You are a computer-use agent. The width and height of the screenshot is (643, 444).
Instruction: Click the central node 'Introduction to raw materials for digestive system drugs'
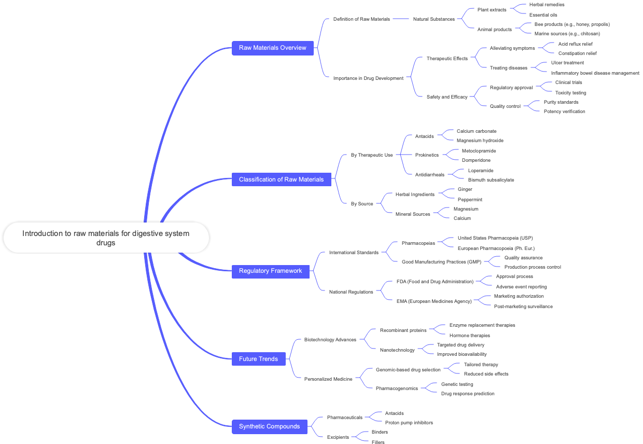106,238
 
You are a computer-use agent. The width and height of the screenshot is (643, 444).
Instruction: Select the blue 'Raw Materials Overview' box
273,48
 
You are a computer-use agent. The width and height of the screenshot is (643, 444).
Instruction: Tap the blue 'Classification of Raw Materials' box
281,179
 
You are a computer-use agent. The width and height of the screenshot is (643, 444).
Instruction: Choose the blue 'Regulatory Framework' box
270,271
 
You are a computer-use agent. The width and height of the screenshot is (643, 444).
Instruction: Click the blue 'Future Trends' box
258,359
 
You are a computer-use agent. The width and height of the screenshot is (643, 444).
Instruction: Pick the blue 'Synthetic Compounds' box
269,426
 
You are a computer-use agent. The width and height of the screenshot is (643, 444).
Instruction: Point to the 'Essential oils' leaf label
543,15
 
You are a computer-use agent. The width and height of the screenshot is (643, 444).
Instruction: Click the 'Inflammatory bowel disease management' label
595,73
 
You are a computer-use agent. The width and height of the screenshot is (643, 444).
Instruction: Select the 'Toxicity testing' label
570,93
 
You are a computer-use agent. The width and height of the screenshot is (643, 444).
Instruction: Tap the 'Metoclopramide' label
479,151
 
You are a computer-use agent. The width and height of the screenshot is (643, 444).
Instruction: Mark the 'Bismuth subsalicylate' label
491,180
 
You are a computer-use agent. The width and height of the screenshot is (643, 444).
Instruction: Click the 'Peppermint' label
470,200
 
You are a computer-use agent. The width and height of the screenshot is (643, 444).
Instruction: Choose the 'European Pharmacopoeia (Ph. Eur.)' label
496,248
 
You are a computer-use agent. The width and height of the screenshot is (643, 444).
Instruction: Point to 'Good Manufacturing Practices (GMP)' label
441,262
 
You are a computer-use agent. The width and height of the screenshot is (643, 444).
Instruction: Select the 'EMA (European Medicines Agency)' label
434,301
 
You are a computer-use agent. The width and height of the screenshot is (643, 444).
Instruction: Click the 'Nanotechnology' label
397,350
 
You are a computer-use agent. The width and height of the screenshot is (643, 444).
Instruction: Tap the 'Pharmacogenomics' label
397,388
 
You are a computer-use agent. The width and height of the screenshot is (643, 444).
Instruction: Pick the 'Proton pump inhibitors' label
409,423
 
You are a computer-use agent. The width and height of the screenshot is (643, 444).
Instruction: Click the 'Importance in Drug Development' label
368,78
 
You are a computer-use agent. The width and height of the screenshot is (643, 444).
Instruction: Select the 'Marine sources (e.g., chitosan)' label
567,34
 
